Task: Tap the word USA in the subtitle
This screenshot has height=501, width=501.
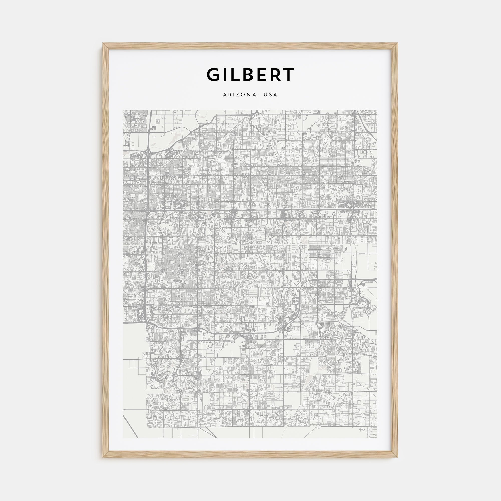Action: [271, 95]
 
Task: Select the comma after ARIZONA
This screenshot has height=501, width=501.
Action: [260, 96]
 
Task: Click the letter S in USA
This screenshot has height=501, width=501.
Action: [271, 95]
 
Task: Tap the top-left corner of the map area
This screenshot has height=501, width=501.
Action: [123, 110]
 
